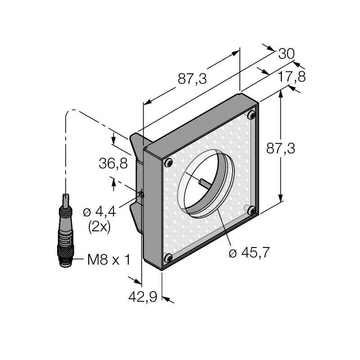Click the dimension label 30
(286, 54)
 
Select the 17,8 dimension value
(292, 76)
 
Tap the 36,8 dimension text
(113, 163)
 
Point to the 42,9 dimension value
(143, 297)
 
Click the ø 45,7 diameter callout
(249, 253)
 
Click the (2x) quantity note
(99, 227)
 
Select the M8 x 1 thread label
(109, 260)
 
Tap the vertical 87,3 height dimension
(280, 148)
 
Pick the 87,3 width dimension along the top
(192, 79)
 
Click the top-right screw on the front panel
(252, 115)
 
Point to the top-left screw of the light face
(168, 163)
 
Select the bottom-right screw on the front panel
(252, 211)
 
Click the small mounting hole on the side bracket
(142, 195)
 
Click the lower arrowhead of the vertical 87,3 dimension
(280, 198)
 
